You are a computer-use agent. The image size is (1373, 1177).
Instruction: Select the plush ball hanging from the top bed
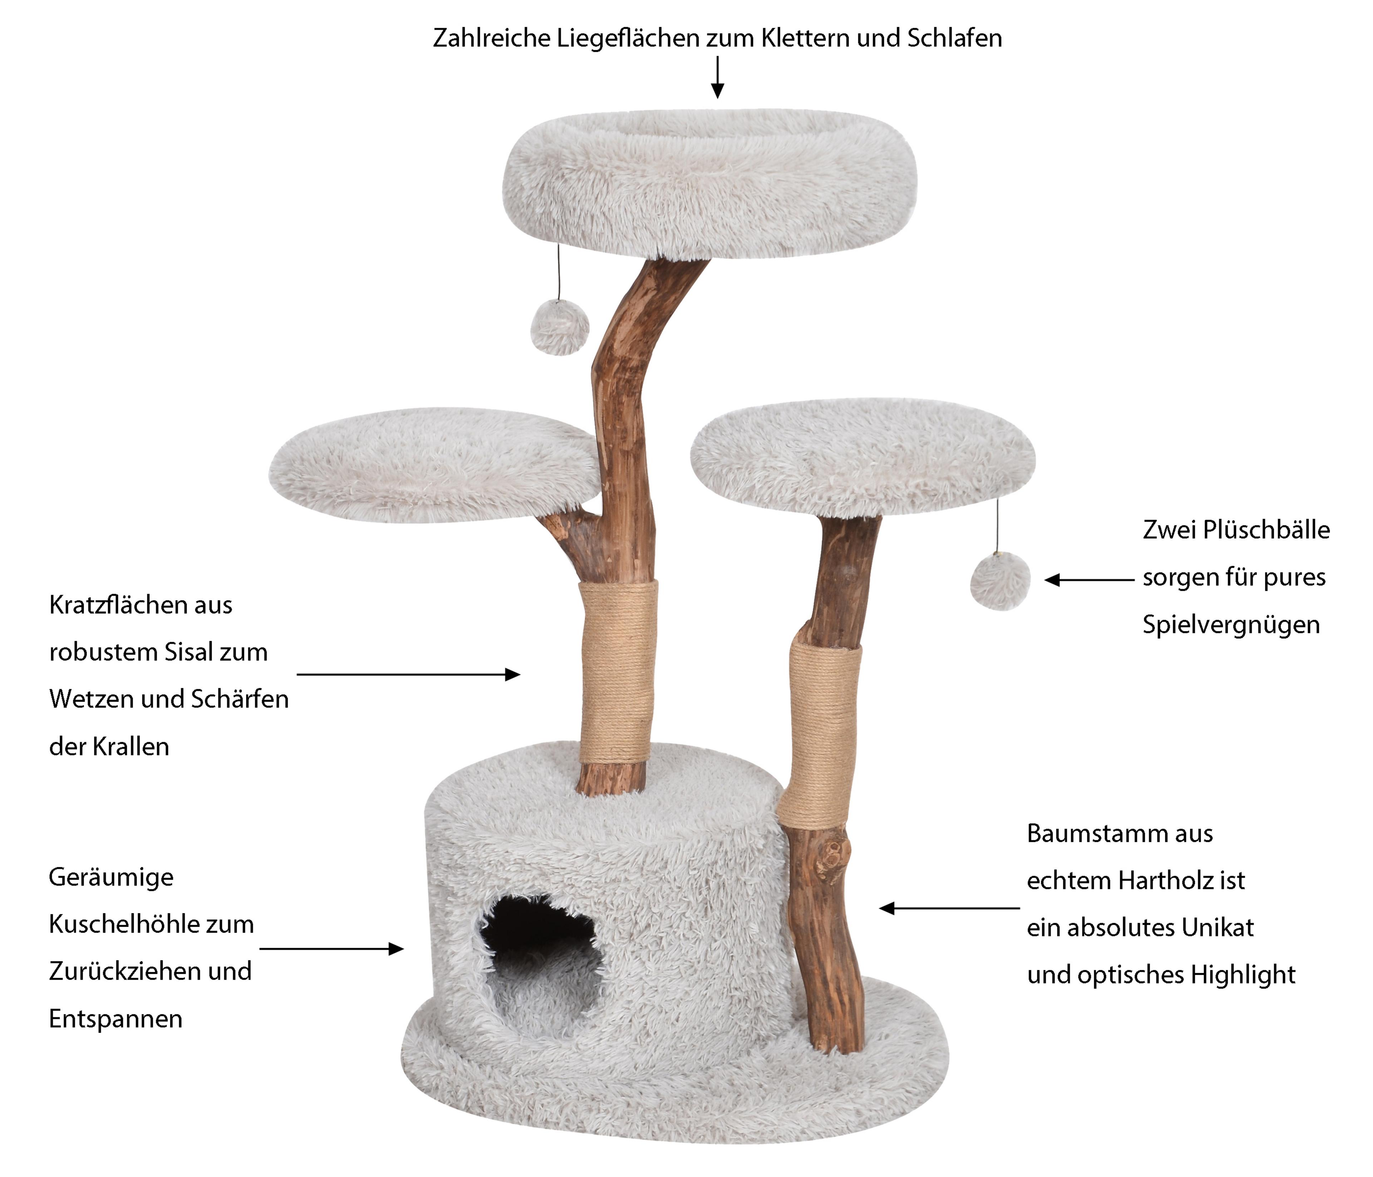560,327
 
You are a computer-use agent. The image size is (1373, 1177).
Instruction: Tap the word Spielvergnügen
1231,625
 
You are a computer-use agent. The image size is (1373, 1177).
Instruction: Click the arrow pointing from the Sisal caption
408,675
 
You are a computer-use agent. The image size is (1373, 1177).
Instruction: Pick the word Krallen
131,747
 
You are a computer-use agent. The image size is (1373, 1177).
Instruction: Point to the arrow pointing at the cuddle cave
331,949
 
